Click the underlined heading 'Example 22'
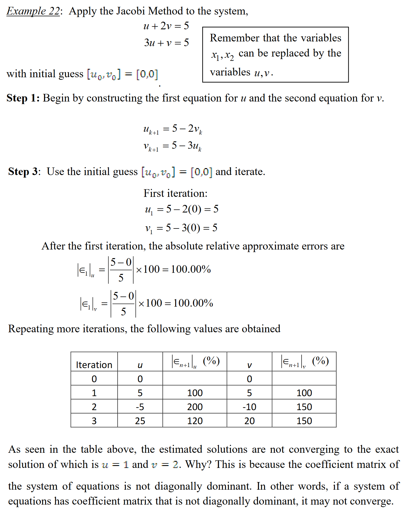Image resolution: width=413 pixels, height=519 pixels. (33, 11)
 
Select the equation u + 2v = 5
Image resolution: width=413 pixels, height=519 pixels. (166, 26)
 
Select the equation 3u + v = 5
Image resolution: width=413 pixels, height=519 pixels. (166, 43)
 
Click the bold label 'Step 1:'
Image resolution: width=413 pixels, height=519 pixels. (23, 98)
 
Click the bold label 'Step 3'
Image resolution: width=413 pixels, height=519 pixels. (23, 172)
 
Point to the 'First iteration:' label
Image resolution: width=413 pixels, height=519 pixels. (175, 193)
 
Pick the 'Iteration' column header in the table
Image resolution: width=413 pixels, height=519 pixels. (94, 365)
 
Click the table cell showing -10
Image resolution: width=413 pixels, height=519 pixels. (249, 407)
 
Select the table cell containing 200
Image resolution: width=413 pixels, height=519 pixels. (195, 407)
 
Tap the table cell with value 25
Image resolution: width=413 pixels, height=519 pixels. (140, 421)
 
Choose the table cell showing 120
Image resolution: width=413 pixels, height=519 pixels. (195, 421)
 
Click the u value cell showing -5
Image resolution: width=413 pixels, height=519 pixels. (140, 407)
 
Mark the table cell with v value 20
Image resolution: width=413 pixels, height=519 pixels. (249, 421)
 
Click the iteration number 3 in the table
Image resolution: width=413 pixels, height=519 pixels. (94, 421)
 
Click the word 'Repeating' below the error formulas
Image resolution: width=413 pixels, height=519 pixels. (31, 329)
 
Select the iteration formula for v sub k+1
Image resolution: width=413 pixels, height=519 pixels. (172, 146)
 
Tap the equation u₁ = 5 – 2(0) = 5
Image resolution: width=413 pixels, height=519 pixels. (181, 209)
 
